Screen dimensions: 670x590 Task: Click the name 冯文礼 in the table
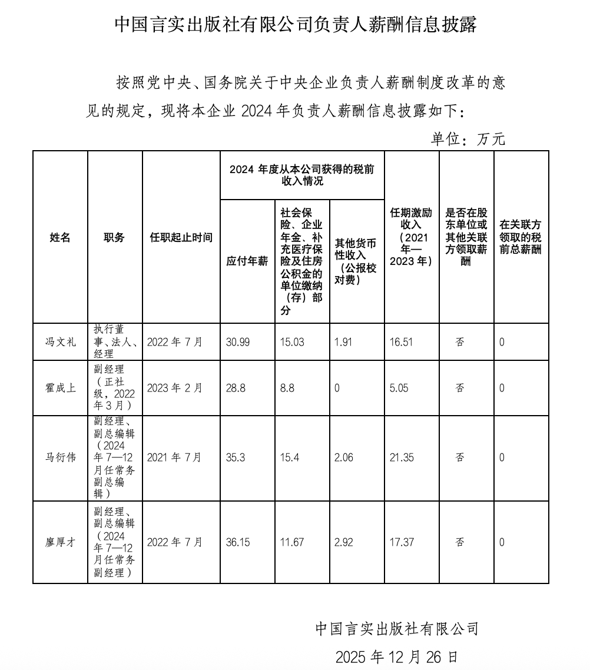coord(60,341)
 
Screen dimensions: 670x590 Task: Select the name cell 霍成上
coord(60,388)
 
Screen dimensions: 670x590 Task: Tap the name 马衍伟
coord(60,457)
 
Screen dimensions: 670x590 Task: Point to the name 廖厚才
coord(60,542)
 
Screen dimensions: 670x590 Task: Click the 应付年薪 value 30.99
coord(238,341)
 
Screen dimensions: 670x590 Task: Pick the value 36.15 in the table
coord(238,542)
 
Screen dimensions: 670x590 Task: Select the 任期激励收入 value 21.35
coord(402,457)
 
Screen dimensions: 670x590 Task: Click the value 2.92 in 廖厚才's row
coord(344,542)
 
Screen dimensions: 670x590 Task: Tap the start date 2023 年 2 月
coord(175,388)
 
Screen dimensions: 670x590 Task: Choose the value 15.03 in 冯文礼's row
coord(292,341)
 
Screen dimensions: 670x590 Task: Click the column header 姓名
coord(60,237)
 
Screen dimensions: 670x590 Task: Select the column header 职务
coord(114,237)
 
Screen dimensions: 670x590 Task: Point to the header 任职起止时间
coord(181,237)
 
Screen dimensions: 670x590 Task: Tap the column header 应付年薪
coord(247,261)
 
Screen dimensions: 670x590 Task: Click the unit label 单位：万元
coord(468,139)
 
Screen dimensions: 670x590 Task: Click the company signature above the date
coord(397,629)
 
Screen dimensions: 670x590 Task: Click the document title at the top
coord(295,25)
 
